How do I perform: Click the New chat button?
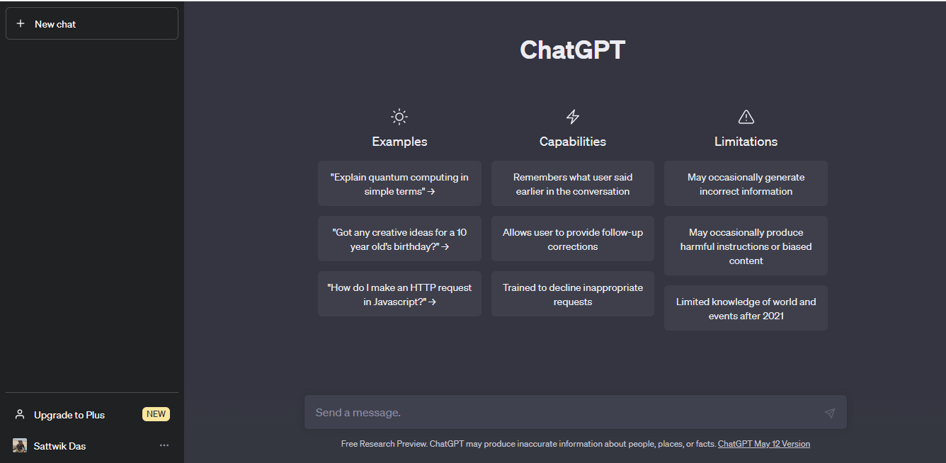point(92,24)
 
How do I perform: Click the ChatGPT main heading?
point(572,50)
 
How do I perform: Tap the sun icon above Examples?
point(399,117)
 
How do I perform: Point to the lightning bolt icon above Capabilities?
point(573,117)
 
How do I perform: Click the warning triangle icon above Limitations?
point(746,117)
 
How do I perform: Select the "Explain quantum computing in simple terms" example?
point(399,184)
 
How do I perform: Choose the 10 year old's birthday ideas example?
point(399,239)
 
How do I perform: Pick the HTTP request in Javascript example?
point(399,295)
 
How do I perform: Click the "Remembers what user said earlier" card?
point(573,184)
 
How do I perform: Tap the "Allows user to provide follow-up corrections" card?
point(573,239)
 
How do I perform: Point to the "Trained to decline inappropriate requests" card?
point(573,295)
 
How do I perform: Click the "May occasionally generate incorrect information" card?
point(746,184)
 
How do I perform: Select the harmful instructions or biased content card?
point(746,246)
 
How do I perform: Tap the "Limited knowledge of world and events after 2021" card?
point(746,309)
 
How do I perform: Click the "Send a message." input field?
point(559,413)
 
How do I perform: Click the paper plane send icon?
point(830,413)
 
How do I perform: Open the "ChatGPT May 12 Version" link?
point(763,444)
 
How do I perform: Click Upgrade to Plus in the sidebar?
point(69,415)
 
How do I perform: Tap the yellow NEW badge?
point(156,414)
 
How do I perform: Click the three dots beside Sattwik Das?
point(164,445)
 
